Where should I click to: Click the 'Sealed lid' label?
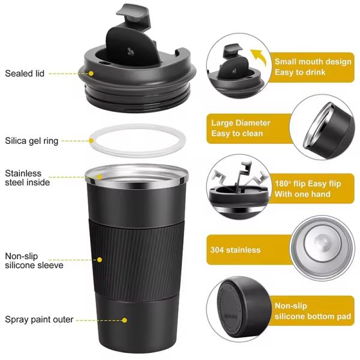[x=25, y=74]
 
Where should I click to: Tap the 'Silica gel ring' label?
[x=32, y=141]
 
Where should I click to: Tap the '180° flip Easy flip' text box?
[x=311, y=189]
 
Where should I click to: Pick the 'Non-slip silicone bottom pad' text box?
[x=311, y=310]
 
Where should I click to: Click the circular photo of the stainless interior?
[x=325, y=247]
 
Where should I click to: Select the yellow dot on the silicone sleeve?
[x=100, y=260]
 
